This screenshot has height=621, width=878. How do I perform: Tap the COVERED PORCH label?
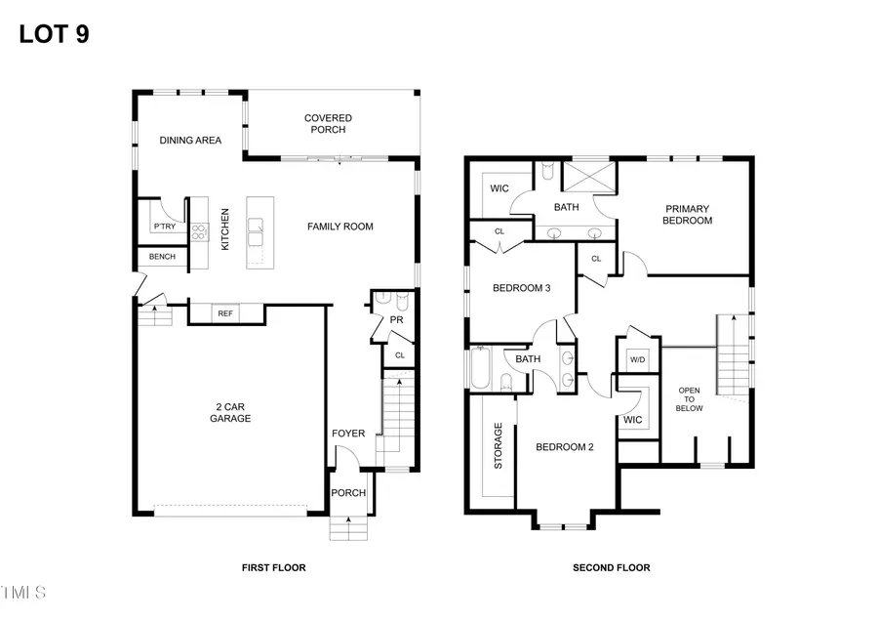[329, 124]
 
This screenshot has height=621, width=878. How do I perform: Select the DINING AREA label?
[190, 141]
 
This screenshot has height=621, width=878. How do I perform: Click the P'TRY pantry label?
[163, 227]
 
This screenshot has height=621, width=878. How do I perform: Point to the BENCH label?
[161, 257]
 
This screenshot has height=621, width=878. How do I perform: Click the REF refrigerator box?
[225, 313]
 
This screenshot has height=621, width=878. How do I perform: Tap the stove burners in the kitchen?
[199, 232]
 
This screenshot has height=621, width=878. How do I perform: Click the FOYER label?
[348, 434]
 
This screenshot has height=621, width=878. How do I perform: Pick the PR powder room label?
[397, 320]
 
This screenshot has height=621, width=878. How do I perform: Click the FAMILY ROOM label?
[340, 227]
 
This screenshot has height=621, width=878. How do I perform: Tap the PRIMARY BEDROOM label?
[688, 214]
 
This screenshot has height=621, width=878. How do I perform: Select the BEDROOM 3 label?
[521, 288]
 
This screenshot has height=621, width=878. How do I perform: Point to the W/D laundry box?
[638, 358]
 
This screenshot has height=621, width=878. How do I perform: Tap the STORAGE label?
[499, 445]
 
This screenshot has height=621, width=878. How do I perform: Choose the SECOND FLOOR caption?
[611, 567]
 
